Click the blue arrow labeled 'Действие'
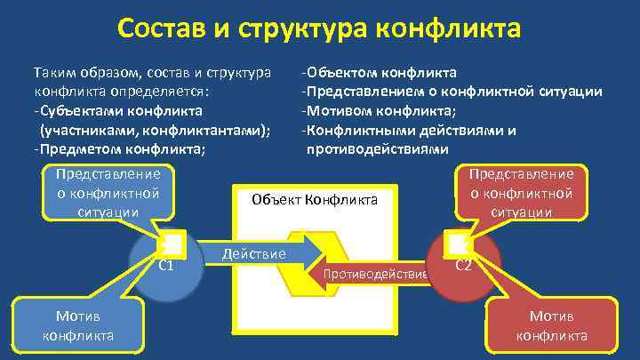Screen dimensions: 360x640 (x=258, y=254)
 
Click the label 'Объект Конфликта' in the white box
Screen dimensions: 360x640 (x=315, y=200)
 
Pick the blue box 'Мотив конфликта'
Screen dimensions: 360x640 (x=77, y=325)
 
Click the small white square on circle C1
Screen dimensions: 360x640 (x=172, y=243)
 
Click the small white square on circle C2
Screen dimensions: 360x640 (x=456, y=243)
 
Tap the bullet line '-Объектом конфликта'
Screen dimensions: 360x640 (x=379, y=72)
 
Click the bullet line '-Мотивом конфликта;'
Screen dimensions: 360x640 (x=379, y=110)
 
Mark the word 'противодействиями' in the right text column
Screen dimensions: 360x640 (x=377, y=148)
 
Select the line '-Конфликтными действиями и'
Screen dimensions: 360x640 (x=408, y=130)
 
